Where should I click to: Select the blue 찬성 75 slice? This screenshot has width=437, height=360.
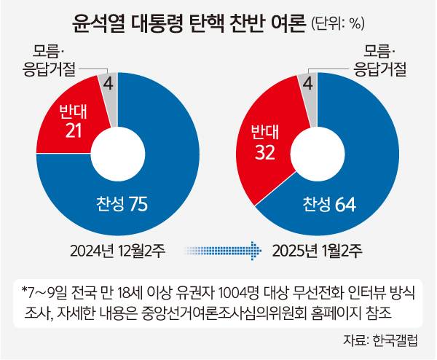[168, 175]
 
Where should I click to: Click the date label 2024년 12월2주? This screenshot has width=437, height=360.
[119, 250]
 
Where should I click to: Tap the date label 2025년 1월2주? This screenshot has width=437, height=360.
[316, 250]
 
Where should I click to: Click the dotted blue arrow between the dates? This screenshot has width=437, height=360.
[224, 250]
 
